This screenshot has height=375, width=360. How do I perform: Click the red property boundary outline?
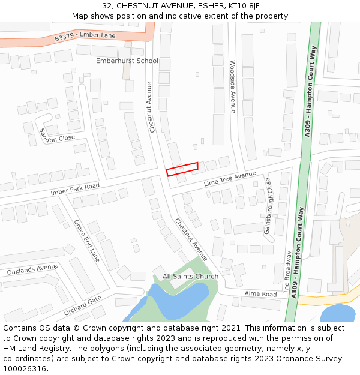pos(182,169)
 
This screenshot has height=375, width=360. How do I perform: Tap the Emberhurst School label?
pos(127,61)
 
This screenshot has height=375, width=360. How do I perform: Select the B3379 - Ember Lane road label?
pos(85,37)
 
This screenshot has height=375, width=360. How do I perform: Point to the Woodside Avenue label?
pos(233,86)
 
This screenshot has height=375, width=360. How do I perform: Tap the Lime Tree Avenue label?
pos(230,178)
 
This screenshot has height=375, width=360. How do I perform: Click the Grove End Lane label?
pos(87,241)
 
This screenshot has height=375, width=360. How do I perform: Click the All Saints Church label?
pos(191,277)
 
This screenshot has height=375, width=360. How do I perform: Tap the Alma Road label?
pos(261,294)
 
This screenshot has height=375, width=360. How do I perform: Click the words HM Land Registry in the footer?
pos(36,348)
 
